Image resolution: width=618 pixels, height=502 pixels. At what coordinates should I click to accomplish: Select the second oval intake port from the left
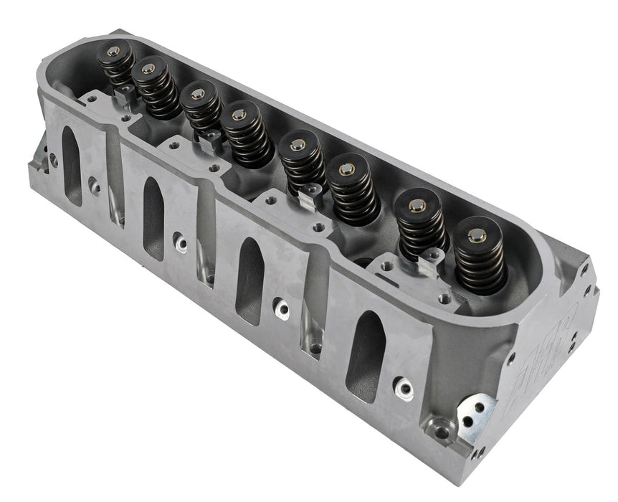click(x=153, y=208)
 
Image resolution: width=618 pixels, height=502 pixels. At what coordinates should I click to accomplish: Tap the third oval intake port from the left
click(x=249, y=271)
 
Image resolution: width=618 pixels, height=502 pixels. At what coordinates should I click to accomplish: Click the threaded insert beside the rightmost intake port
click(x=406, y=389)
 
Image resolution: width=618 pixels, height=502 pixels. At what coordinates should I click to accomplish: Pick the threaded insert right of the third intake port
click(x=282, y=310)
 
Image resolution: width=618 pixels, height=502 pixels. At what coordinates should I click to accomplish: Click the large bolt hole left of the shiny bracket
click(x=442, y=432)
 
